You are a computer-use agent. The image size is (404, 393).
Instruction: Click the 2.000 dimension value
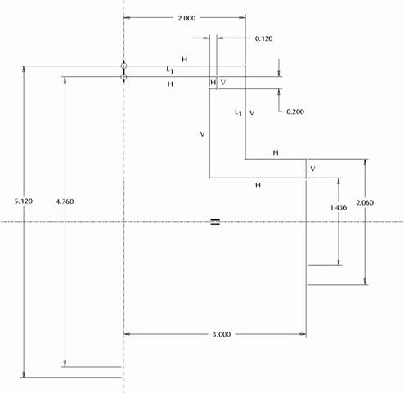coord(186,18)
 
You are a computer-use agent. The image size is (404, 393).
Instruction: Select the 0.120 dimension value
coord(263,38)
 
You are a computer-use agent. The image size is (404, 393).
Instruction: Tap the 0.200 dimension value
coord(295,111)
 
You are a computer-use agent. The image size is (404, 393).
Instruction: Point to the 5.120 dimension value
coord(24,201)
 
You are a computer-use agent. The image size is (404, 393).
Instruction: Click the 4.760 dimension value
coord(65,201)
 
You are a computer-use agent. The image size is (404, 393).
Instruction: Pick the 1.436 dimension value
coord(339,207)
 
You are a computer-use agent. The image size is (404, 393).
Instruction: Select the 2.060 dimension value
coord(365,202)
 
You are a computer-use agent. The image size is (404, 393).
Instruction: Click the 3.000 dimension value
coord(222,334)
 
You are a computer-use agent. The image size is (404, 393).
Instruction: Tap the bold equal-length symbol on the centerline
coord(215,222)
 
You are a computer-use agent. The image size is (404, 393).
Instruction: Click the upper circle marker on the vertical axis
coord(123,65)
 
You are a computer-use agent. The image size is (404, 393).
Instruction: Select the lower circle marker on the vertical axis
coord(123,77)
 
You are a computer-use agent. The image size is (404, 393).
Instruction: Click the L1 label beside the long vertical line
coord(238,112)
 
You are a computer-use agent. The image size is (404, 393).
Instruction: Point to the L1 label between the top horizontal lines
coord(169,70)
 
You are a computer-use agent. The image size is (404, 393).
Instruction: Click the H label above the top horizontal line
coord(185,60)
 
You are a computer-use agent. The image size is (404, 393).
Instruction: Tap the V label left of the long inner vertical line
coord(202,134)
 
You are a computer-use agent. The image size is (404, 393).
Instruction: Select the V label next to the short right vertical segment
coord(312,169)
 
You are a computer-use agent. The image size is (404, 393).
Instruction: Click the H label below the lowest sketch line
coord(258,186)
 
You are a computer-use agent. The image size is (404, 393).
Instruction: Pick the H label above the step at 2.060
coord(276,152)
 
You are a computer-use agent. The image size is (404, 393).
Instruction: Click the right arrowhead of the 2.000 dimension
coord(242,18)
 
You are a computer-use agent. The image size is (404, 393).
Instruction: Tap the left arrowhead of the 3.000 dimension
coord(128,334)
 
